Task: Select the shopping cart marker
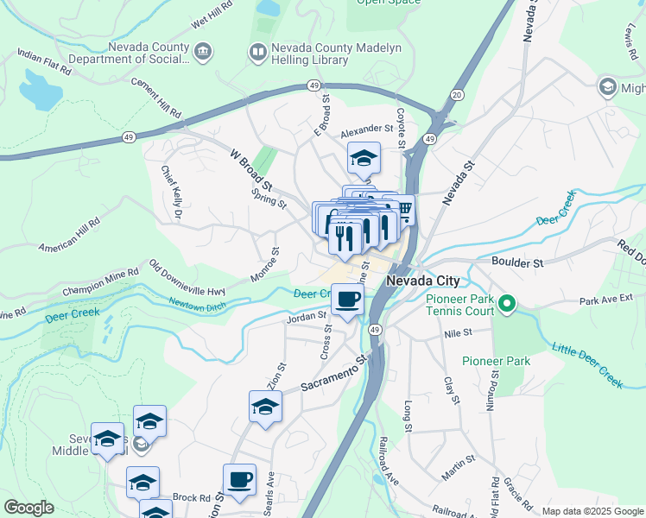[403, 210]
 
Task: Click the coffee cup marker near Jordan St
[347, 301]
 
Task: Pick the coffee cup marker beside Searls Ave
[239, 479]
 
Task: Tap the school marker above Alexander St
[364, 159]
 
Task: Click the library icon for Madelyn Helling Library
[256, 53]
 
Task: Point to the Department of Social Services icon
[202, 53]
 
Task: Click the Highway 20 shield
[457, 94]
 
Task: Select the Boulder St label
[516, 261]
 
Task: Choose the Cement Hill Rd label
[156, 98]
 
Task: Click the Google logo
[28, 508]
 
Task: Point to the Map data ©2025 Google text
[592, 511]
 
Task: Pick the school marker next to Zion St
[265, 407]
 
